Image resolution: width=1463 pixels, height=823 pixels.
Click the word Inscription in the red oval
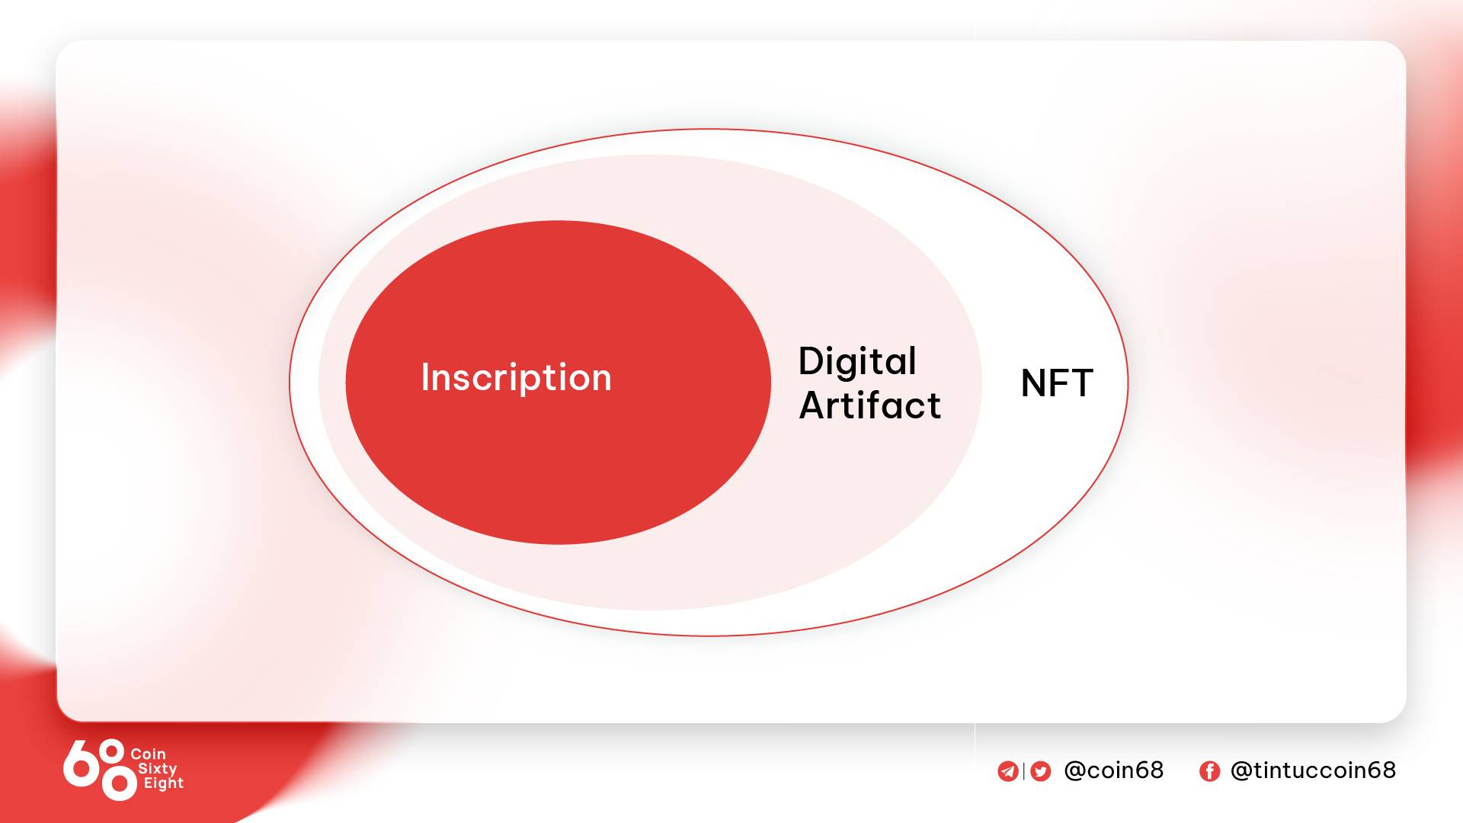[x=516, y=378]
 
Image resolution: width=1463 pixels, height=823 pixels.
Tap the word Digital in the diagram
[x=857, y=361]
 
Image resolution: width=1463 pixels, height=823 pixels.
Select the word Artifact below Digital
[x=870, y=405]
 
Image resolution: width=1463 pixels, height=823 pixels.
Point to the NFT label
[x=1057, y=383]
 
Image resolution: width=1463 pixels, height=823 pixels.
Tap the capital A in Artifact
[x=814, y=405]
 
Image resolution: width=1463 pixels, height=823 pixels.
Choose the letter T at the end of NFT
[x=1081, y=383]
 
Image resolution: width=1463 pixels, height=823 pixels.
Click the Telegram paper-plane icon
[x=1008, y=771]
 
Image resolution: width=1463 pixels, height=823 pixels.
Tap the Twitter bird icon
[x=1041, y=771]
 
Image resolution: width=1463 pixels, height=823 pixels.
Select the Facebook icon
[x=1209, y=771]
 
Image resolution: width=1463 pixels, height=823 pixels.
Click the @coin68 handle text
[x=1113, y=770]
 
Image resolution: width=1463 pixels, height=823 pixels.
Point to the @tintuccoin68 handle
[x=1313, y=770]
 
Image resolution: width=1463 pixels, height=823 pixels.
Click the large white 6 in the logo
[x=80, y=764]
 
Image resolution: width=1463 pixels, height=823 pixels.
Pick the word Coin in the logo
[x=148, y=754]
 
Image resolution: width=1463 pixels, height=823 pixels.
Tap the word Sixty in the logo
[x=157, y=769]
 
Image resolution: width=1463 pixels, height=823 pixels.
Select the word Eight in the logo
[x=164, y=783]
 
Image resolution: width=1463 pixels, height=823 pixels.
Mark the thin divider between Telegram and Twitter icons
[x=1024, y=771]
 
